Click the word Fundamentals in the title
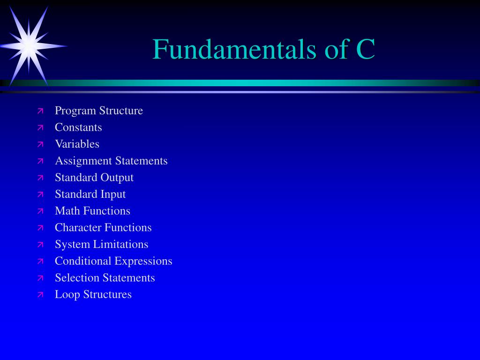point(234,49)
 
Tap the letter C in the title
point(365,49)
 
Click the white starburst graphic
point(30,46)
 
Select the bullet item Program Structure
point(99,111)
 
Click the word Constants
point(78,127)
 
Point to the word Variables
point(77,144)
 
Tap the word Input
point(113,195)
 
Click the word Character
point(78,227)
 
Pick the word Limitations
point(120,244)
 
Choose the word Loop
point(67,295)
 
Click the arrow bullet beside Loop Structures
point(40,295)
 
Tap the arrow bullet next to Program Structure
point(40,111)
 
